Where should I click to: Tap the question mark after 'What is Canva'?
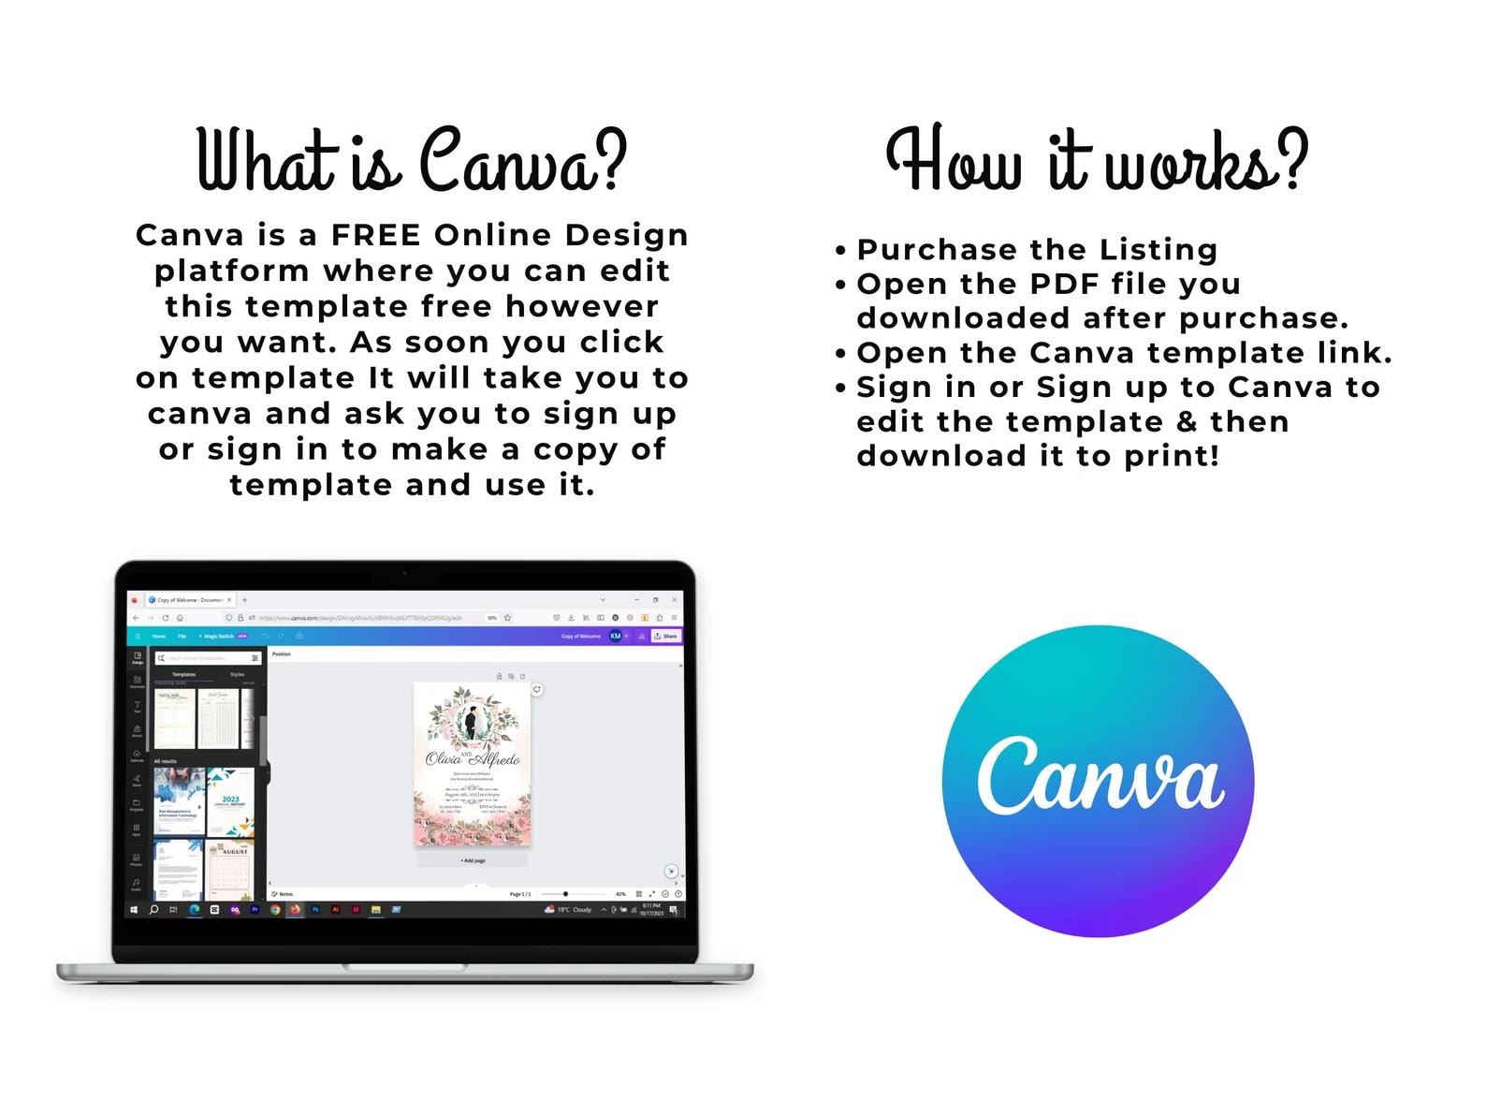click(x=610, y=161)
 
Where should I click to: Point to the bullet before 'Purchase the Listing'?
click(x=840, y=251)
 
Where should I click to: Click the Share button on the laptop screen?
click(x=665, y=636)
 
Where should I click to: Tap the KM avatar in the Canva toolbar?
click(x=615, y=636)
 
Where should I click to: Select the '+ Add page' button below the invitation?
click(x=473, y=860)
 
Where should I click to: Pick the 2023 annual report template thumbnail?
click(x=230, y=802)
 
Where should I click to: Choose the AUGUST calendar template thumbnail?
click(x=230, y=870)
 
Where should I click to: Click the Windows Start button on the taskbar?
click(x=134, y=909)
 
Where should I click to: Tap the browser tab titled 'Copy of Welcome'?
click(x=188, y=600)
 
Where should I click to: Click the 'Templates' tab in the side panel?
click(x=183, y=674)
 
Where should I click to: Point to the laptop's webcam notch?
click(x=405, y=571)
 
